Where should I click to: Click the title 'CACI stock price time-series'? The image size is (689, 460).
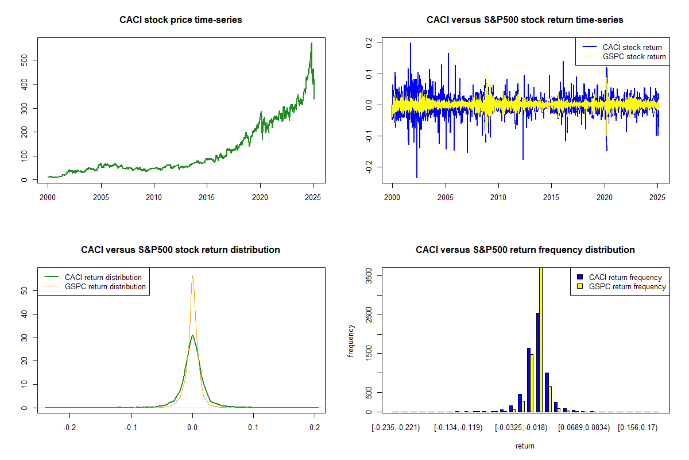coord(180,20)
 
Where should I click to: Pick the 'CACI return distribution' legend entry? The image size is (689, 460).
coord(93,277)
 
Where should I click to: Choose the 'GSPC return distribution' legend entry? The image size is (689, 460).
coord(95,286)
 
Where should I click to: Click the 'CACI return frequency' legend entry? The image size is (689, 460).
coord(620,277)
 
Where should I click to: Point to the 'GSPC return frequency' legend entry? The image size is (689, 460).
coord(621,286)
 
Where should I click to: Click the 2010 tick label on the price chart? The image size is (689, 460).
coord(154,197)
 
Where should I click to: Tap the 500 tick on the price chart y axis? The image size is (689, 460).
coord(24,60)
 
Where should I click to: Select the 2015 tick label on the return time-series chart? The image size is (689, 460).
coord(551,197)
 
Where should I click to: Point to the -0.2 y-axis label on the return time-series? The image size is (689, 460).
coord(369,167)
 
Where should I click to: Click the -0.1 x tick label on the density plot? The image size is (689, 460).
coord(131,428)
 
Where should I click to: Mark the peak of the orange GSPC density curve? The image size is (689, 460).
coord(192,276)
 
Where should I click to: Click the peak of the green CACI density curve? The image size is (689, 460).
coord(192,335)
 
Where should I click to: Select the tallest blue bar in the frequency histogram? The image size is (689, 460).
coord(538,362)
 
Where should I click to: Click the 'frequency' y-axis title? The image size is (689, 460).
coord(350,341)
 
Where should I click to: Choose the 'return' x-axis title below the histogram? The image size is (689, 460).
coord(525,446)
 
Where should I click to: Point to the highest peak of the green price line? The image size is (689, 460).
coord(312,43)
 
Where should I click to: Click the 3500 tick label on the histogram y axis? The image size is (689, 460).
coord(369,275)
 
